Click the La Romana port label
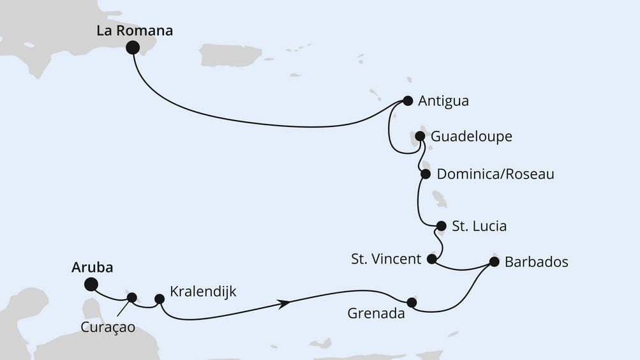coord(135,31)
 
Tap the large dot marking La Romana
coord(133,47)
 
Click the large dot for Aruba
coord(91,285)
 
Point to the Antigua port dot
coord(408,100)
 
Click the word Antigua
coord(443,101)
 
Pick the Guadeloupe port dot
coord(420,136)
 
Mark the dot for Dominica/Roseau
coord(426,174)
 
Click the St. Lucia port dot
coord(441,226)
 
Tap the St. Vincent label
coord(386,259)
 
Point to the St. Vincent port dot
coord(431,259)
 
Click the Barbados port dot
coord(494,261)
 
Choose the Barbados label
coord(536,262)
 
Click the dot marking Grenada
coord(412,302)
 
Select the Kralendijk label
coord(204,292)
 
